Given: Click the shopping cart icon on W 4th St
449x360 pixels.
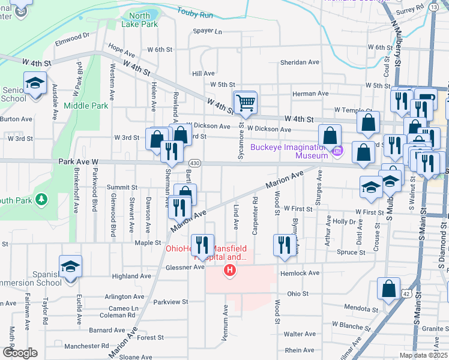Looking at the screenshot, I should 245,103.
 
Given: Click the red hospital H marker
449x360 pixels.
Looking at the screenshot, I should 229,272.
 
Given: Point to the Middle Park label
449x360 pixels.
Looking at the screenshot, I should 85,106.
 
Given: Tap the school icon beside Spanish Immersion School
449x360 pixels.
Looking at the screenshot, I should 70,267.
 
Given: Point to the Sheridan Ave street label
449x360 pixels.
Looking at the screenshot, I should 300,62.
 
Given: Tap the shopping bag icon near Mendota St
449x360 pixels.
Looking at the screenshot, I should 388,289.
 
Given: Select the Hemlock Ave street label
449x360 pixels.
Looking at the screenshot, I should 300,273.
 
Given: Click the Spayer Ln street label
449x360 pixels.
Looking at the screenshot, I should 207,31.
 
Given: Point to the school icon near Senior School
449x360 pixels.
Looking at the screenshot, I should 35,83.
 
